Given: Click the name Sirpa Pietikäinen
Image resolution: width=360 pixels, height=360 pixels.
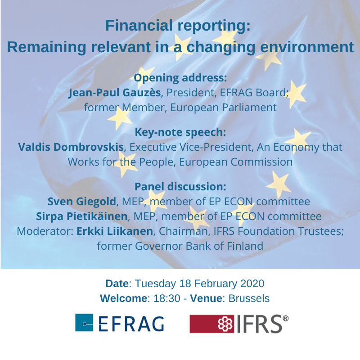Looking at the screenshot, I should (x=81, y=216).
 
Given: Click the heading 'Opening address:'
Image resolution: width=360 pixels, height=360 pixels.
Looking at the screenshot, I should (x=180, y=78).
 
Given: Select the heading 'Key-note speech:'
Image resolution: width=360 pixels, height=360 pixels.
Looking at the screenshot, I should (x=180, y=132).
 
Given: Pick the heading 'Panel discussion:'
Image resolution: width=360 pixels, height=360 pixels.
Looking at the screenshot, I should (x=180, y=186).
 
